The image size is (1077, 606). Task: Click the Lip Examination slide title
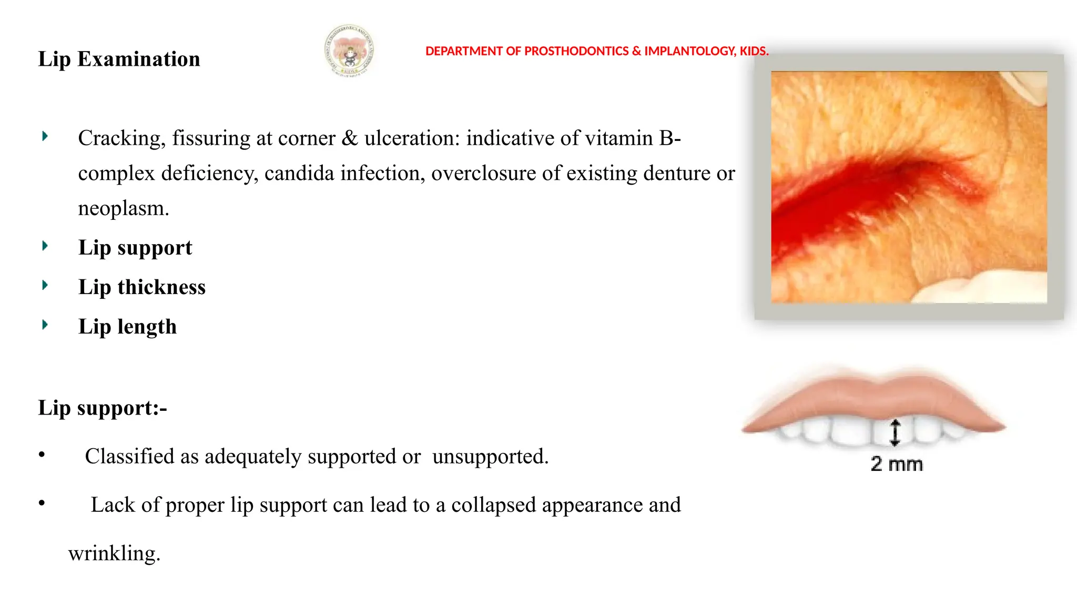[x=119, y=59]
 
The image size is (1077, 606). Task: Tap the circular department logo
[x=349, y=51]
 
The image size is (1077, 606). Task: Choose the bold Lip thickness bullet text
[x=142, y=287]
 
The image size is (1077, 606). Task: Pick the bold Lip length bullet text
[x=127, y=327]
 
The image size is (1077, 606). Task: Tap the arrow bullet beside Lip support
[x=45, y=246]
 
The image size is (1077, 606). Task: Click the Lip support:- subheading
[x=103, y=408]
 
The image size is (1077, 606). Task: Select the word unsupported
[x=490, y=457]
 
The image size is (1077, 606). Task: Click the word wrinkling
[x=114, y=553]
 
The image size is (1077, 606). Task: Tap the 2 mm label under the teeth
[x=897, y=464]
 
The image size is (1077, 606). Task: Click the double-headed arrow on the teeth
[x=895, y=432]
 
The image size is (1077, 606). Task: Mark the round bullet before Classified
[x=42, y=454]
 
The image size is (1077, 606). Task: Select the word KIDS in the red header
[x=754, y=51]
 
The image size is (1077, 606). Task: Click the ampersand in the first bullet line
[x=349, y=138]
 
